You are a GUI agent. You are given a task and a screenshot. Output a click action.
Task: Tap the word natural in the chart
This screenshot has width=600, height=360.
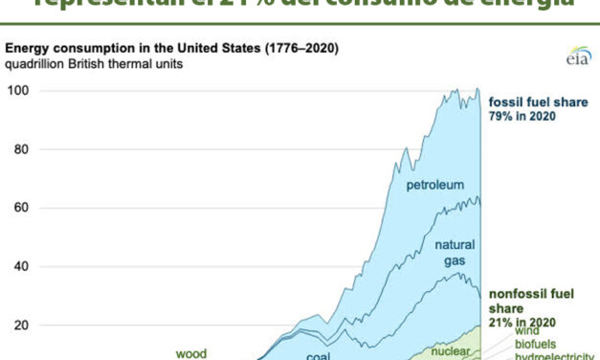coord(455,245)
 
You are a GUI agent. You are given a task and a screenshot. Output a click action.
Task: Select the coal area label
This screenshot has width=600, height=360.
coord(319,355)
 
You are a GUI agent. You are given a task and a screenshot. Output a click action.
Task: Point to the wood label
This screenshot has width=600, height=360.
coord(192,352)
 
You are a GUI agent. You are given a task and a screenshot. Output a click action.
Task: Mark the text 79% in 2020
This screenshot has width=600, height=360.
coord(522,117)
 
